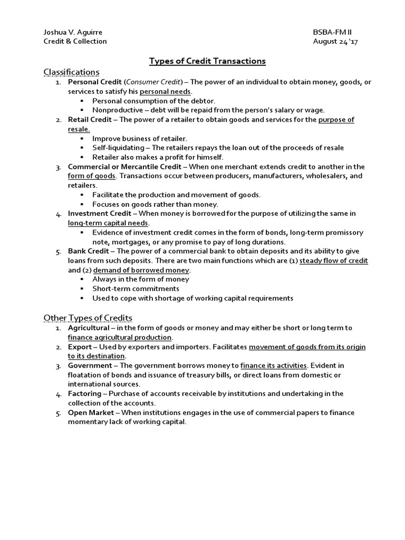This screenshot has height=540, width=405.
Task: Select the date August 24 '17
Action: [x=336, y=41]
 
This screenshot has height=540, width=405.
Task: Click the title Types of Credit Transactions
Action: [x=207, y=61]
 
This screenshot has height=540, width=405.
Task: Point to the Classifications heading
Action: [x=71, y=72]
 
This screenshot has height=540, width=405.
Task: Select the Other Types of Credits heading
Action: [x=88, y=317]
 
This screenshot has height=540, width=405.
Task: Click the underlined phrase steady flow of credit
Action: [x=333, y=261]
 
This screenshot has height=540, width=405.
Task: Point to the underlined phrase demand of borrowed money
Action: [x=141, y=270]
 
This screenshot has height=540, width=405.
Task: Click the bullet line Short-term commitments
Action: [x=136, y=289]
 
